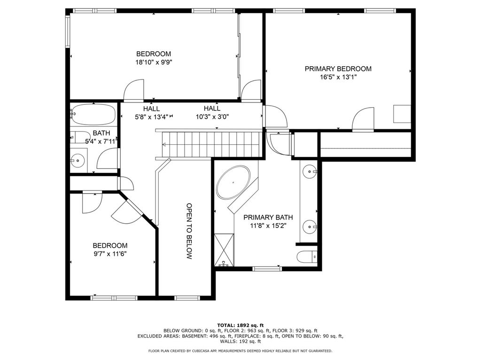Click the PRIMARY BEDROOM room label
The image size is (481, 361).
click(x=338, y=69)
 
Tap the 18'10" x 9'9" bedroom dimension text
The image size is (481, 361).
click(x=154, y=63)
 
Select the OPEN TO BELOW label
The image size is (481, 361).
click(x=189, y=231)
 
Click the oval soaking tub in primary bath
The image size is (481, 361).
click(x=233, y=183)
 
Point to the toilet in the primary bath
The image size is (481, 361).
click(x=307, y=257)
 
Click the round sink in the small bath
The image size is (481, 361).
click(x=78, y=160)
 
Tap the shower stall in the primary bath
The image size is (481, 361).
click(x=224, y=250)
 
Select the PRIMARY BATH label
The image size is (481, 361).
click(x=268, y=217)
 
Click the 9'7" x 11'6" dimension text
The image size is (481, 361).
click(x=110, y=254)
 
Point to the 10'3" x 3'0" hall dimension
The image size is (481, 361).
click(x=212, y=117)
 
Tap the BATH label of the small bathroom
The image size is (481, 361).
click(x=101, y=133)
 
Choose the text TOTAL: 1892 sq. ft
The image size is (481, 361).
click(x=240, y=325)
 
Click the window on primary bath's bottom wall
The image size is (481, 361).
click(x=267, y=269)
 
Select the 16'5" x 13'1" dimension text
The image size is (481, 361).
click(x=338, y=77)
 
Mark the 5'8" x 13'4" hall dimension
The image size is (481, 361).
click(x=152, y=117)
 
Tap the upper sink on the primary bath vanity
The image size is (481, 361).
click(x=310, y=172)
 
